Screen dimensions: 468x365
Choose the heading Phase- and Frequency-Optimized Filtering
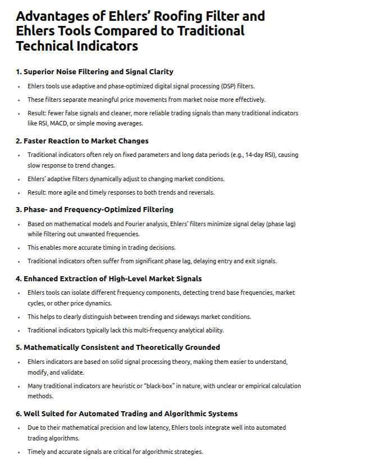[x=94, y=210]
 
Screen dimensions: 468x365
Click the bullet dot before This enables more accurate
[x=22, y=247]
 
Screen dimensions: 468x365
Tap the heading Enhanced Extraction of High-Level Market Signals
[x=108, y=278]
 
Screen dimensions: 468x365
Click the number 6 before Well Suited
[x=18, y=413]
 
